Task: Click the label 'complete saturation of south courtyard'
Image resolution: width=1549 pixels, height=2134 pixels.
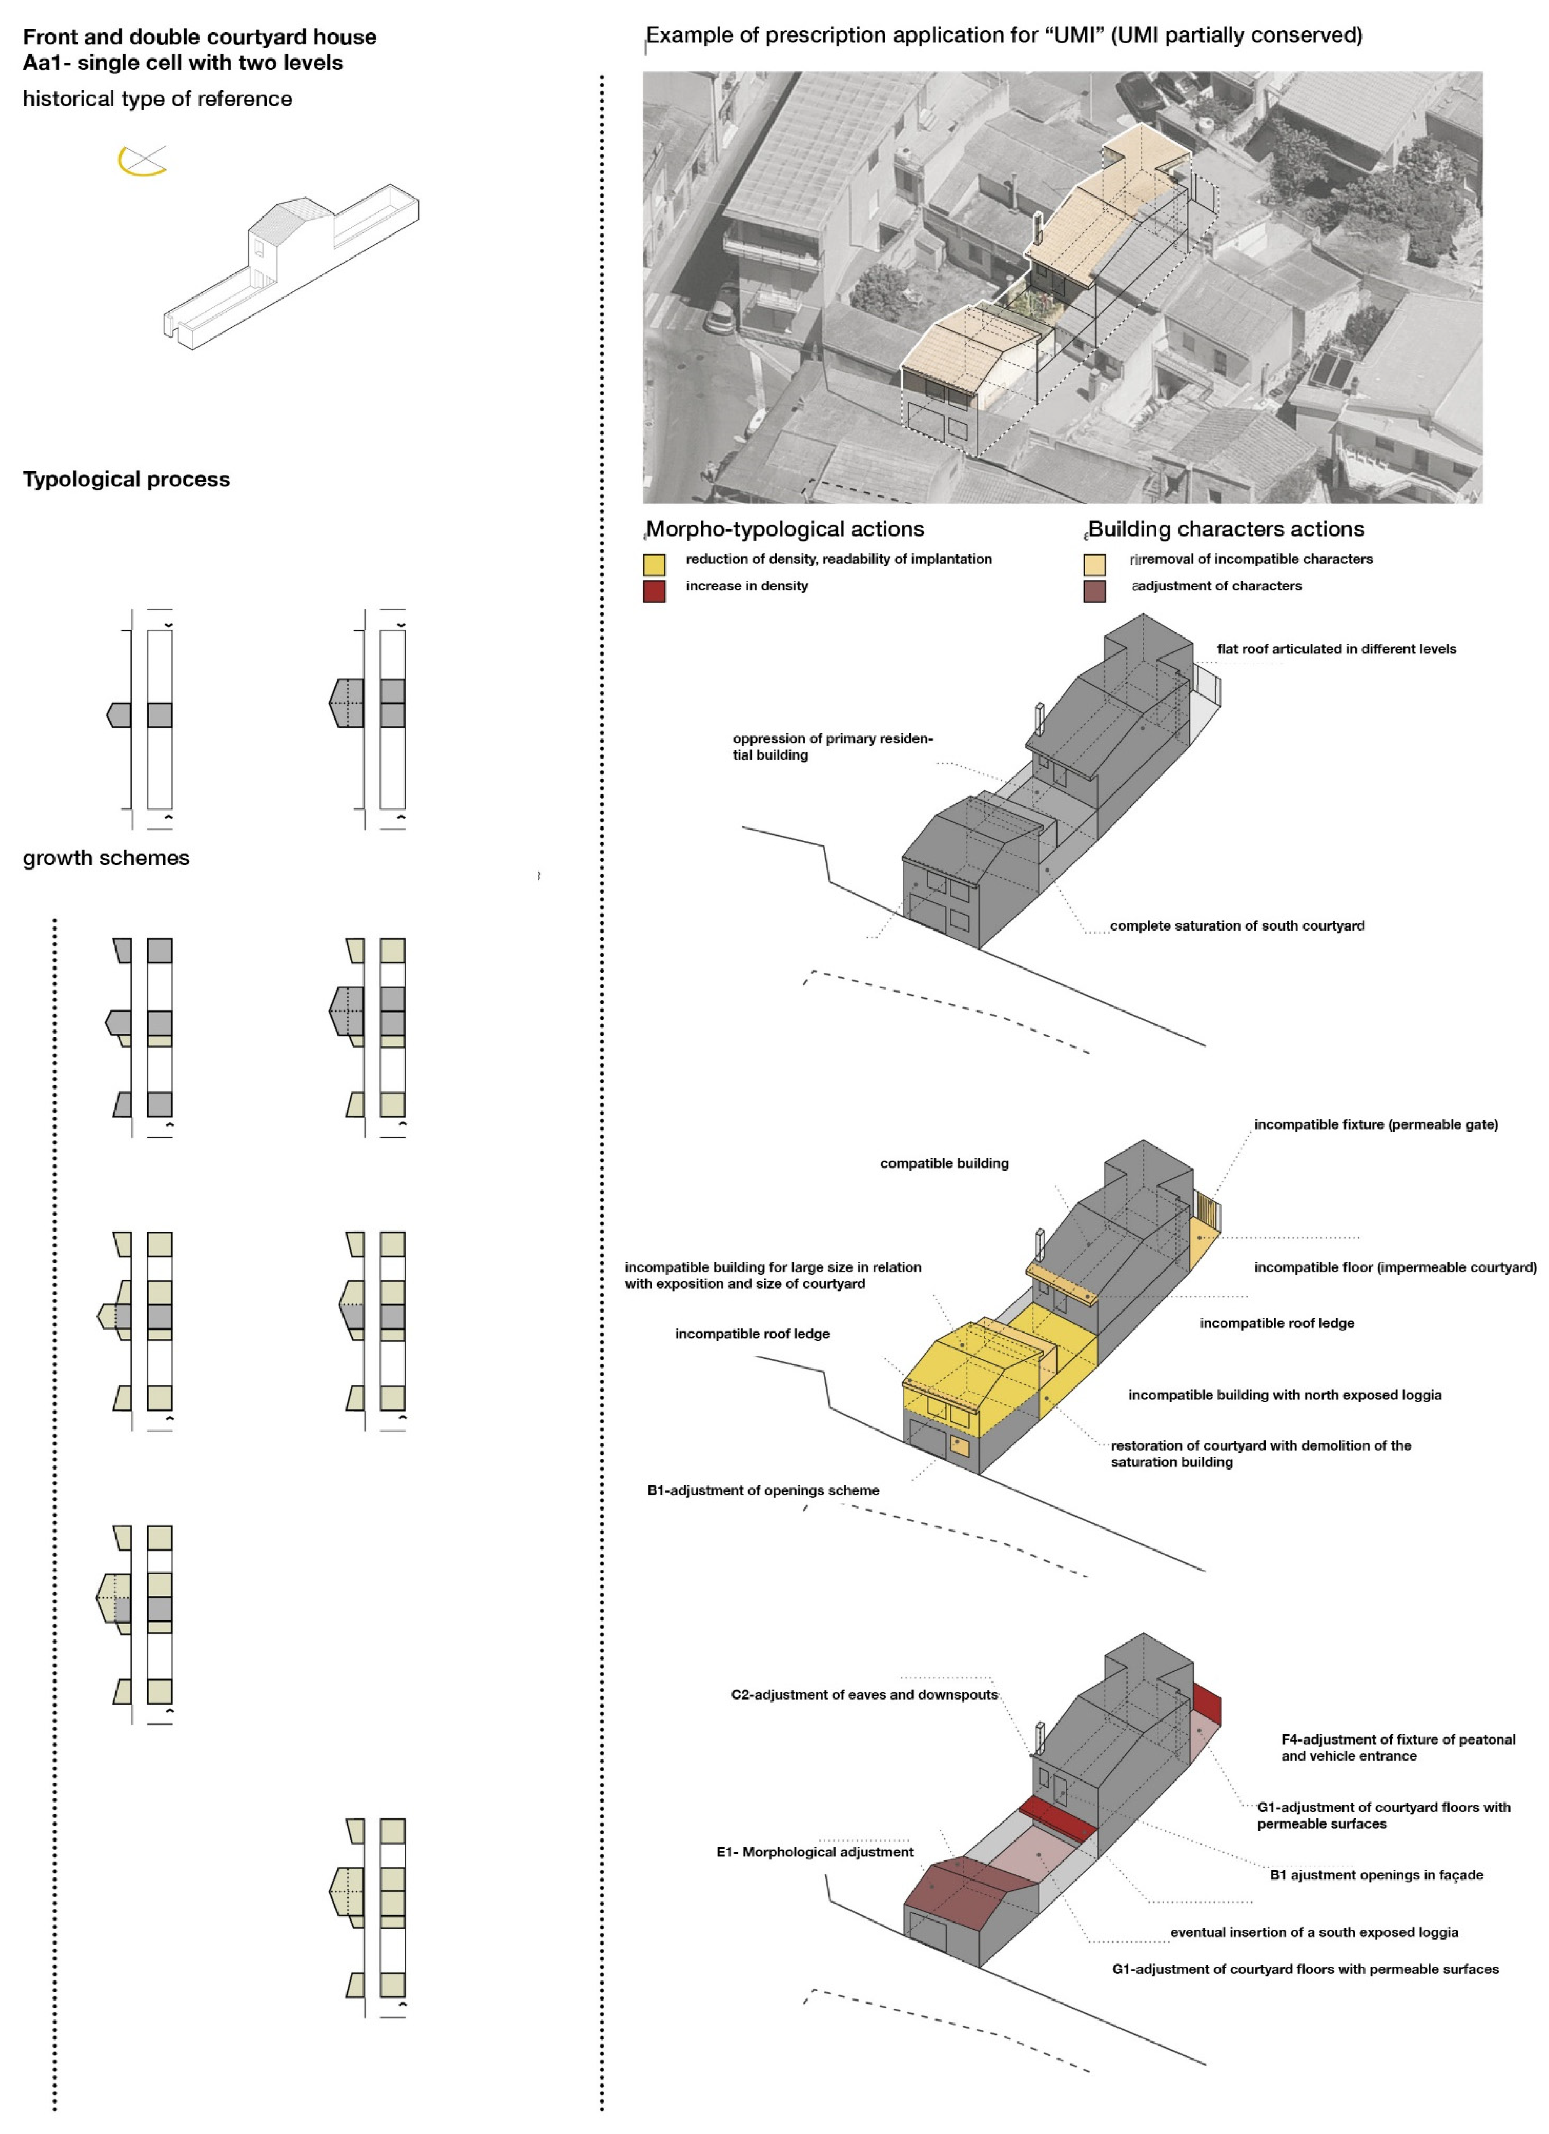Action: (x=1237, y=926)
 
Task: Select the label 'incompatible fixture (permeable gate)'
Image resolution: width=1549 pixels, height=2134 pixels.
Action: (x=1376, y=1124)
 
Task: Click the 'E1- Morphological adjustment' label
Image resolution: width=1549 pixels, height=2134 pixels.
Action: (x=815, y=1852)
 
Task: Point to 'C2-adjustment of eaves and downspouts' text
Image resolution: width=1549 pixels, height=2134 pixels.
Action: (x=864, y=1695)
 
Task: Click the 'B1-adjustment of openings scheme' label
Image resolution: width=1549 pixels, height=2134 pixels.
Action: (x=763, y=1490)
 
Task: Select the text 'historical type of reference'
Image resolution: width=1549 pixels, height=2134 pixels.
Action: (x=157, y=99)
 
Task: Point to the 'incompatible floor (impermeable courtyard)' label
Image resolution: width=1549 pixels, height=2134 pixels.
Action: (x=1395, y=1267)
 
